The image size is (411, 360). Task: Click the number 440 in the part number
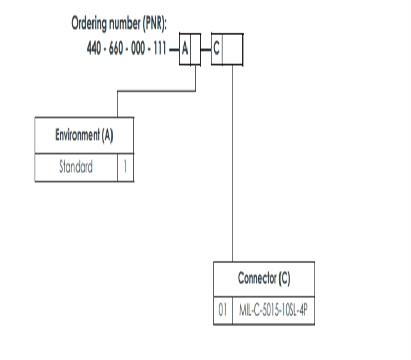tap(94, 49)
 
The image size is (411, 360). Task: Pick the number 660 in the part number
tap(116, 49)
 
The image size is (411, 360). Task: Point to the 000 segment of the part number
tap(138, 49)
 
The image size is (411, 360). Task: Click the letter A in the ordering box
tap(185, 49)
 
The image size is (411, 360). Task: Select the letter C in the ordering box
tap(216, 49)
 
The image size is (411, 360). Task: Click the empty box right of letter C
tap(232, 49)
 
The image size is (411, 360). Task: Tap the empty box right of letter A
tap(196, 49)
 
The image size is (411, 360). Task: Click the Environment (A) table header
tap(84, 135)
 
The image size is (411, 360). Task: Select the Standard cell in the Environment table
tap(76, 167)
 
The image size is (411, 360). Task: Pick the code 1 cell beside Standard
tap(125, 167)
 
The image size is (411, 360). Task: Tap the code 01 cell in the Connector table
tap(223, 311)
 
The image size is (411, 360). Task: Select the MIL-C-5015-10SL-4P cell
tap(273, 311)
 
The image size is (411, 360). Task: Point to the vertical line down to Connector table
tap(232, 165)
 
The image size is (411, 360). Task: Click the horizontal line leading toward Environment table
tap(154, 91)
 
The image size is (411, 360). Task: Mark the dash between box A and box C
tap(206, 49)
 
